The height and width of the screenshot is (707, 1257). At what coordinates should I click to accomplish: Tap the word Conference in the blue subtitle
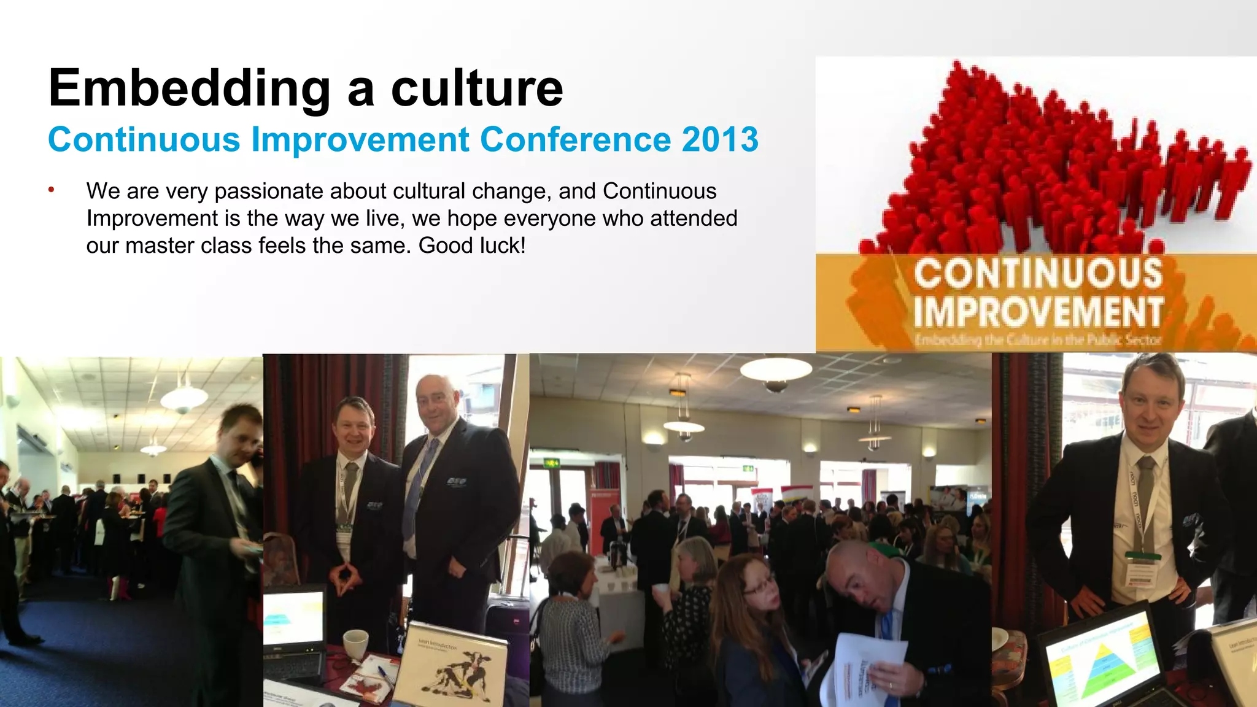pos(575,140)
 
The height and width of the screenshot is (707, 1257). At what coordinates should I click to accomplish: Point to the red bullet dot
pos(52,190)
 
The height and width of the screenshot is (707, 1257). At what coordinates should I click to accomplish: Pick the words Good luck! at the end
pos(472,245)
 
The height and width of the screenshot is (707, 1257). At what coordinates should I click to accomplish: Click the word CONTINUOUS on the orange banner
pos(1038,274)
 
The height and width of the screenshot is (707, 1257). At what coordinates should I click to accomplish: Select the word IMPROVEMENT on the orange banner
pos(1038,311)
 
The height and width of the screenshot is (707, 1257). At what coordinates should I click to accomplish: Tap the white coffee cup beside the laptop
pos(355,644)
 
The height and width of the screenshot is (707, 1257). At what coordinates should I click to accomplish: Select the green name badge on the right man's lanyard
pos(1143,555)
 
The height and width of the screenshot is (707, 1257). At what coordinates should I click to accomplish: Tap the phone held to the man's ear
pos(258,457)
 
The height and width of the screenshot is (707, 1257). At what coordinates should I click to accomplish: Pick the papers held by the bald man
pos(865,669)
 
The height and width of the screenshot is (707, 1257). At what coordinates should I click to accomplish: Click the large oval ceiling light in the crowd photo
pos(776,369)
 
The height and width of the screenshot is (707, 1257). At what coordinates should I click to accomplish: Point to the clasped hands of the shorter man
pos(347,576)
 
